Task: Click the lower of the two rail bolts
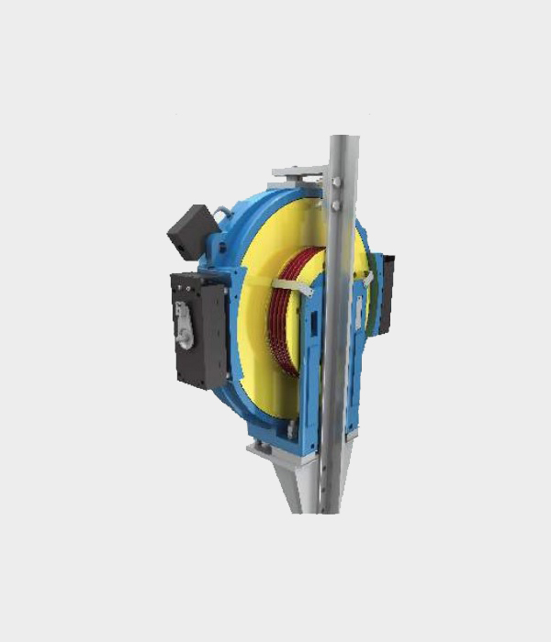click(337, 208)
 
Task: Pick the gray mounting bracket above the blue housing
click(298, 172)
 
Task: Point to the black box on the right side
click(387, 293)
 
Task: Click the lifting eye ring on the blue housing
click(222, 216)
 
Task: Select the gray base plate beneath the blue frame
click(275, 448)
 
